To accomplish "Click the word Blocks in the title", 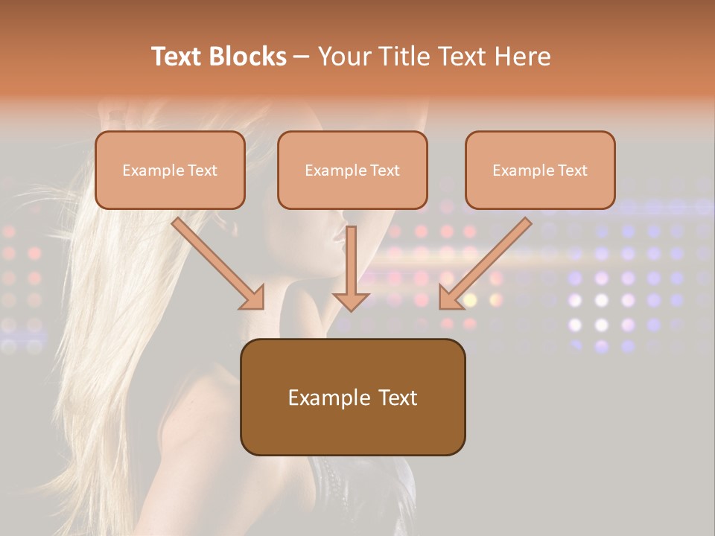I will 249,57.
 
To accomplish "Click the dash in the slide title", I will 302,57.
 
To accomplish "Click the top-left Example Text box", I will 170,170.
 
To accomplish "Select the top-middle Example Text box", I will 352,170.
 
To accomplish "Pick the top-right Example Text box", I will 540,170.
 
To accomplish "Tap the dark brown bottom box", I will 352,397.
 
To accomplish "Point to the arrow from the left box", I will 216,262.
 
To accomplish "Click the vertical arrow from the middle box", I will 351,264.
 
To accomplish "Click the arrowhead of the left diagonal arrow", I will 253,298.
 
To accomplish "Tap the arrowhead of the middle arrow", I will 351,300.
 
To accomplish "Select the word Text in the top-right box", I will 573,170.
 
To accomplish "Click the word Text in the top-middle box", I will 385,170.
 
